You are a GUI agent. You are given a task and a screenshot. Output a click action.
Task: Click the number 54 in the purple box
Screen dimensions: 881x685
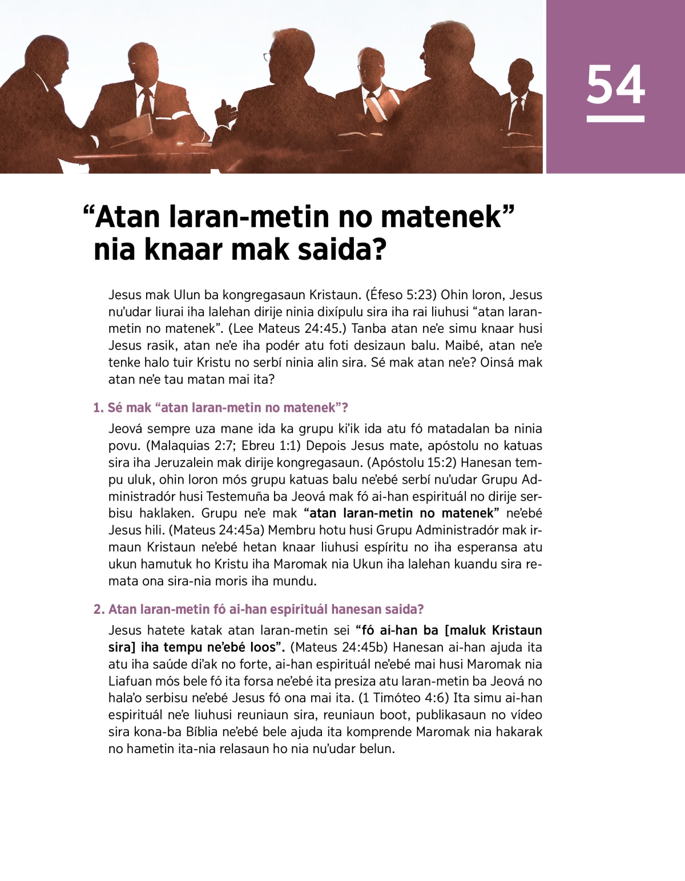click(x=615, y=85)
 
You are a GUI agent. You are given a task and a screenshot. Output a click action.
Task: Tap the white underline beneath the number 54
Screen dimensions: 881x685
click(x=615, y=119)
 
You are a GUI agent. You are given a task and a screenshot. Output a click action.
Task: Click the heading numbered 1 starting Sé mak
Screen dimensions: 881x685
click(x=221, y=408)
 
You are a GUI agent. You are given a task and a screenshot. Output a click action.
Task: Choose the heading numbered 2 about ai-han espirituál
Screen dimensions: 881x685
click(x=259, y=609)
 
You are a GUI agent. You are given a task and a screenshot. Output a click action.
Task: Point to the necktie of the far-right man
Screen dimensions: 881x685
click(x=517, y=114)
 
